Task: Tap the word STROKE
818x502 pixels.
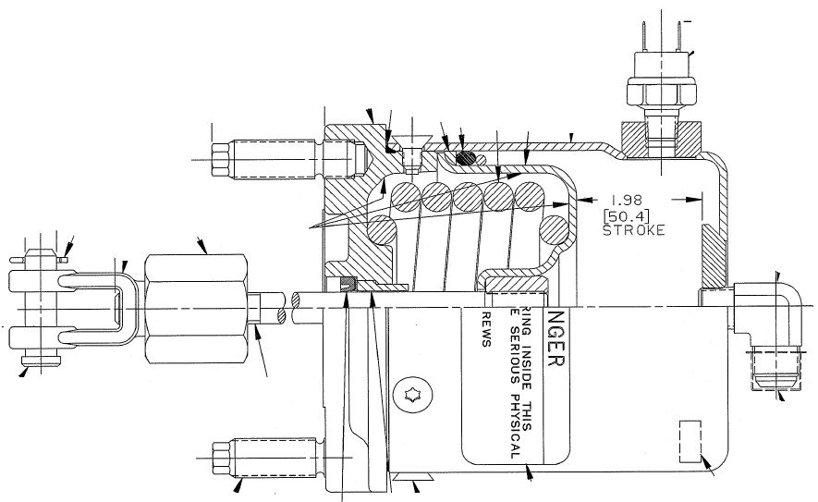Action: click(x=633, y=230)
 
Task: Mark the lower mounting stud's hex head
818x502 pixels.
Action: click(x=221, y=458)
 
